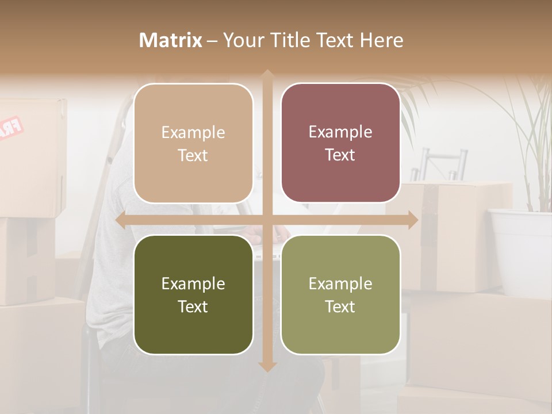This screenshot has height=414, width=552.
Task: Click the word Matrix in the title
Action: [171, 40]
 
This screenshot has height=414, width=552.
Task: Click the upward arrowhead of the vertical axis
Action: [267, 74]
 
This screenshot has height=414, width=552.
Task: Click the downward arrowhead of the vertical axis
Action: [267, 366]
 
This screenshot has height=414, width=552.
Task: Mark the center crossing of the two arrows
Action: [267, 220]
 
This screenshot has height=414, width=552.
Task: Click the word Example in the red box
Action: [340, 132]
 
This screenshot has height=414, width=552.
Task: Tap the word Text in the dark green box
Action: [193, 306]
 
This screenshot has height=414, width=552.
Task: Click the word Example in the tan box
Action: [193, 133]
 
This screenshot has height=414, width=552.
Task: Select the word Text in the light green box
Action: [340, 306]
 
